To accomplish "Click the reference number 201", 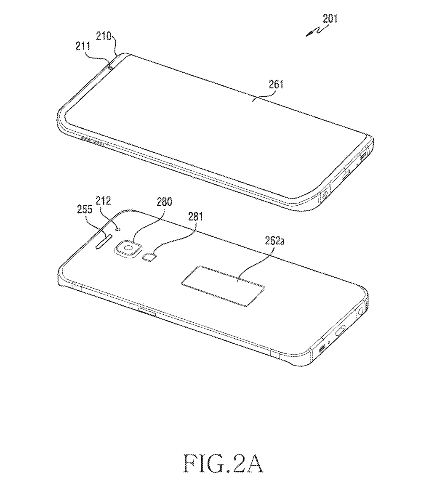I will coord(330,19).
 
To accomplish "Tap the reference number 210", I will coord(104,36).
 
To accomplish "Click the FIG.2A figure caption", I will coord(223,464).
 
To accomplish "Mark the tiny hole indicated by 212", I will coord(118,230).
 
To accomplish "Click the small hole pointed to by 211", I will coord(110,67).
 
